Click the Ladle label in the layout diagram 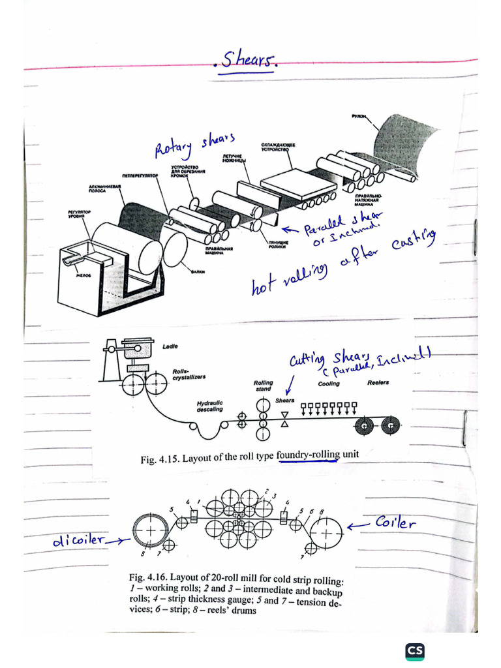(170, 346)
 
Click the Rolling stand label (264, 386)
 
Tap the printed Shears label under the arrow (284, 401)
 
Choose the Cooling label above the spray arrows (329, 384)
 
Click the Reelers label (378, 382)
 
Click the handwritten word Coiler (395, 523)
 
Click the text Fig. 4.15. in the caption (160, 459)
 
